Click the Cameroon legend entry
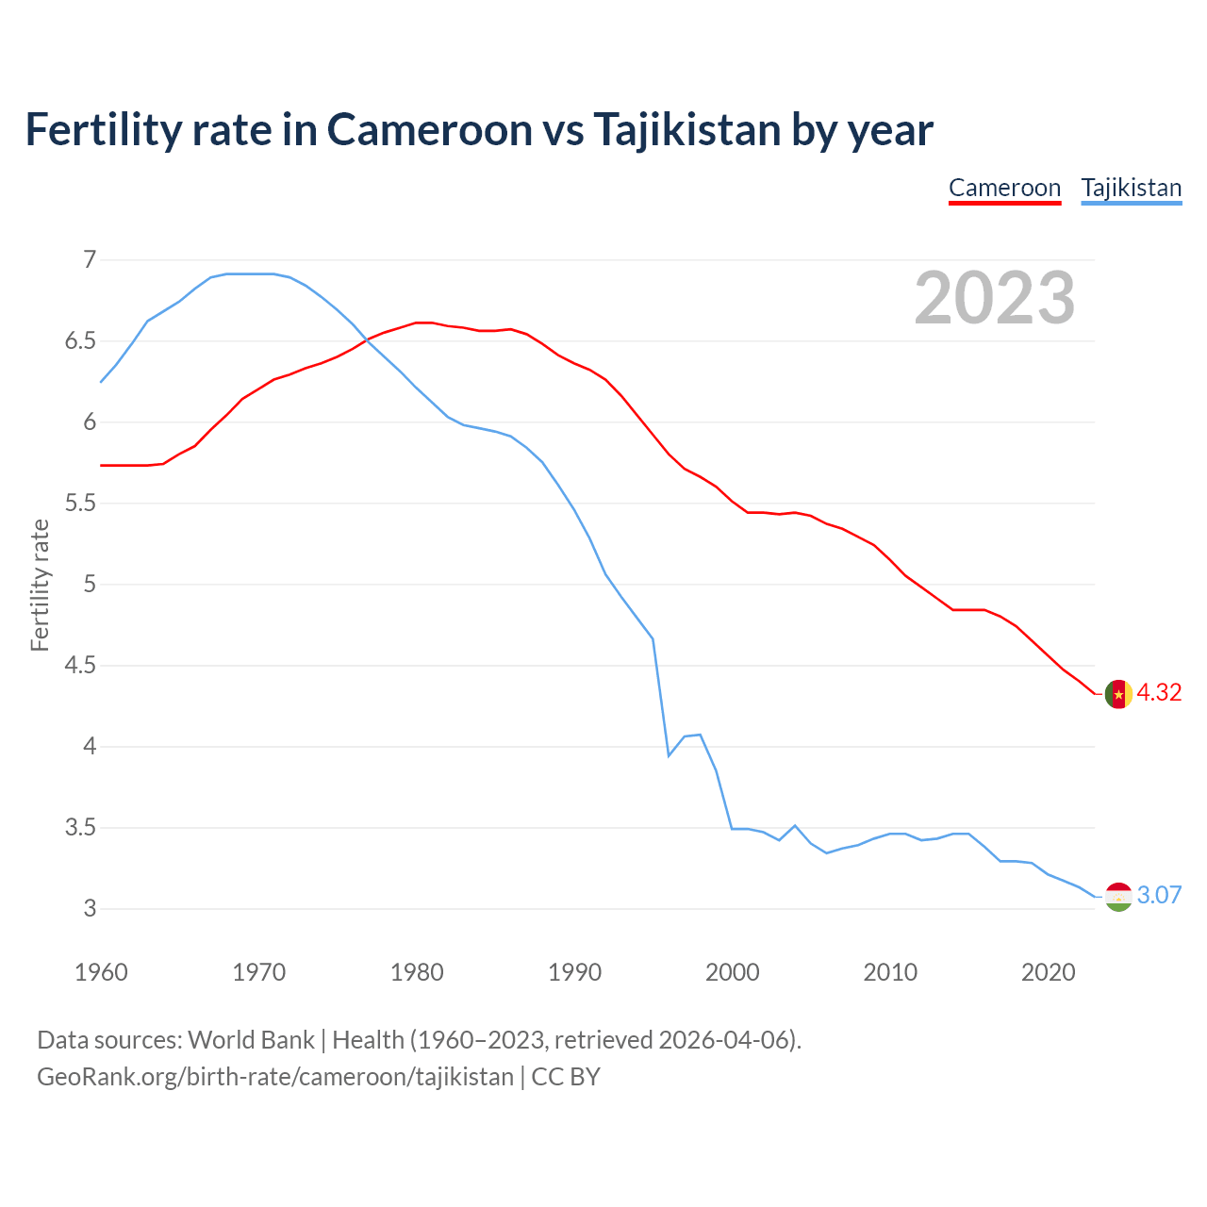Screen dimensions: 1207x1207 pos(1004,188)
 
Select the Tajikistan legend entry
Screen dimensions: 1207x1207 pos(1131,188)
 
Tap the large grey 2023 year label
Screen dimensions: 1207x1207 pos(994,298)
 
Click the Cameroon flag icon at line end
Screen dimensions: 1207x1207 pos(1118,693)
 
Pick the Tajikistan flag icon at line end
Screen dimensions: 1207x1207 pos(1118,896)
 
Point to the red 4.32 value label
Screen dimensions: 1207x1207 pos(1159,692)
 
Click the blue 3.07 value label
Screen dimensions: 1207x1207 pos(1159,895)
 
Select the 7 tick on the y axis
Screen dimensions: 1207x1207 pos(90,259)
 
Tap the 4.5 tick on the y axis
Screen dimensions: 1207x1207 pos(80,666)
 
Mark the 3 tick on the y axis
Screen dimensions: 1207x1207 pos(90,909)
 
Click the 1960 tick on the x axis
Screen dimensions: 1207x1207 pos(101,972)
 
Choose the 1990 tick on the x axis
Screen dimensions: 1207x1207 pos(574,972)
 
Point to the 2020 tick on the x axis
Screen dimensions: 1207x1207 pos(1048,972)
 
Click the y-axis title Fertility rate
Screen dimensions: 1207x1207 pos(40,585)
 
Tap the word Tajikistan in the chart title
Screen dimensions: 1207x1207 pos(686,129)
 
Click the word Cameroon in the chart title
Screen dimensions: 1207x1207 pos(430,129)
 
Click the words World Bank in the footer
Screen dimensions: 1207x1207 pos(251,1040)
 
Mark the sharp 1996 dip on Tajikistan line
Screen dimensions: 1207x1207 pos(669,755)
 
